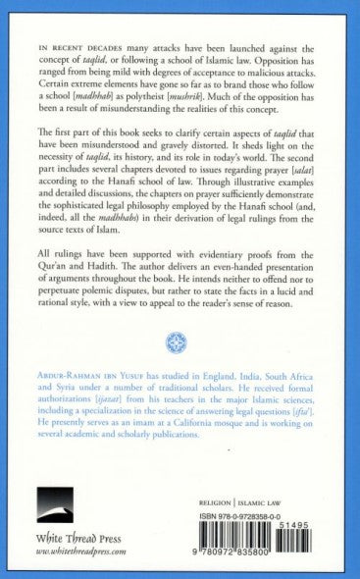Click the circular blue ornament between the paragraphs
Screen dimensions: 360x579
coord(180,342)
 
